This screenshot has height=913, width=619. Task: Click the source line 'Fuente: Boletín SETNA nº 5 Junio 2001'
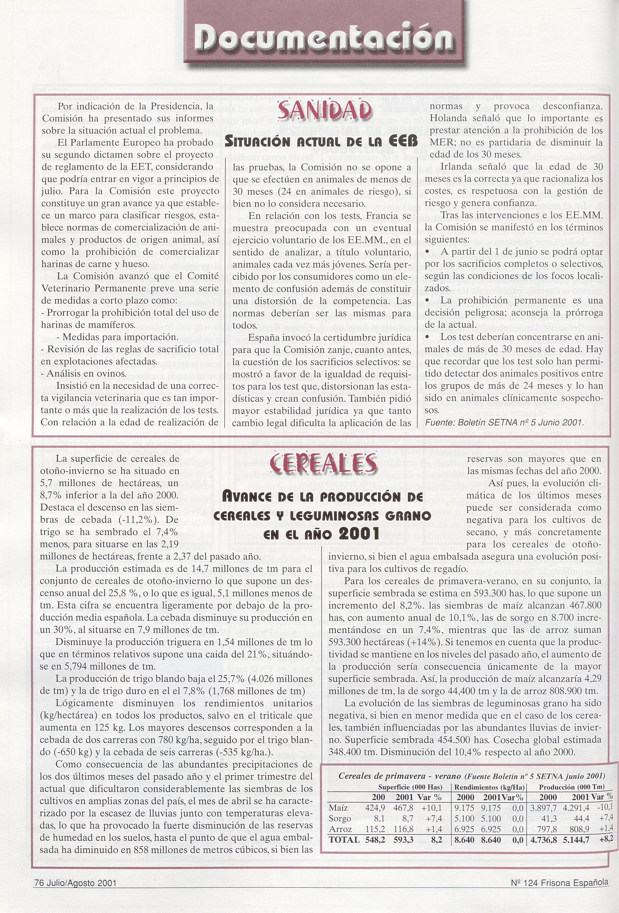[x=505, y=422]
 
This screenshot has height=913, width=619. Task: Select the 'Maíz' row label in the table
[x=339, y=796]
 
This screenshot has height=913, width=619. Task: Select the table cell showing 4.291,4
[x=576, y=796]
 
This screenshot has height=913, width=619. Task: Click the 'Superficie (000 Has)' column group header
[x=410, y=776]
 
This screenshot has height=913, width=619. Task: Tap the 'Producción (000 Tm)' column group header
[x=572, y=776]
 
